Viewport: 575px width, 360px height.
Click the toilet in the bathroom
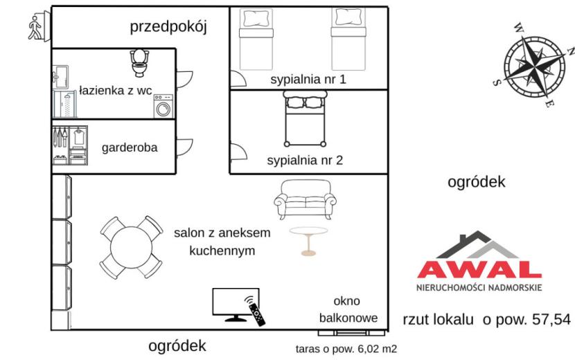[x=139, y=63]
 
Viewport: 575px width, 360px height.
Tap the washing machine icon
[x=163, y=106]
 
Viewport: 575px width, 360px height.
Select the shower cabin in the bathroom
[x=65, y=104]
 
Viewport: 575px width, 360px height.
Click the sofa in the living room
[x=305, y=199]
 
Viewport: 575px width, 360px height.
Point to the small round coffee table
[x=308, y=241]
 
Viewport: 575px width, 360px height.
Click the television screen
[x=236, y=302]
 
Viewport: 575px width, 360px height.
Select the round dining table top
[x=131, y=247]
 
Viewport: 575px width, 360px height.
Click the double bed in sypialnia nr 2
[x=305, y=119]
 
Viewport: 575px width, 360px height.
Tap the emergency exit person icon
[x=35, y=27]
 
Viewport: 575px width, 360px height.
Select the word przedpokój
[x=168, y=27]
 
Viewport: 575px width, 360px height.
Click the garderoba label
[x=130, y=147]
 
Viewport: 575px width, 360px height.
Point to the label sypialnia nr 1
[x=308, y=79]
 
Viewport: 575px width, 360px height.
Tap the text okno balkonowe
[x=348, y=309]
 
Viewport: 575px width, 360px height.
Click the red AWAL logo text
[x=479, y=270]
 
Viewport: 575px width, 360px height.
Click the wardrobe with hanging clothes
[x=70, y=145]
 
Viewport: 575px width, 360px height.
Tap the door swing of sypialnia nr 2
[x=238, y=152]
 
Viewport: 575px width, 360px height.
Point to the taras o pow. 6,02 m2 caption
[x=346, y=349]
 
